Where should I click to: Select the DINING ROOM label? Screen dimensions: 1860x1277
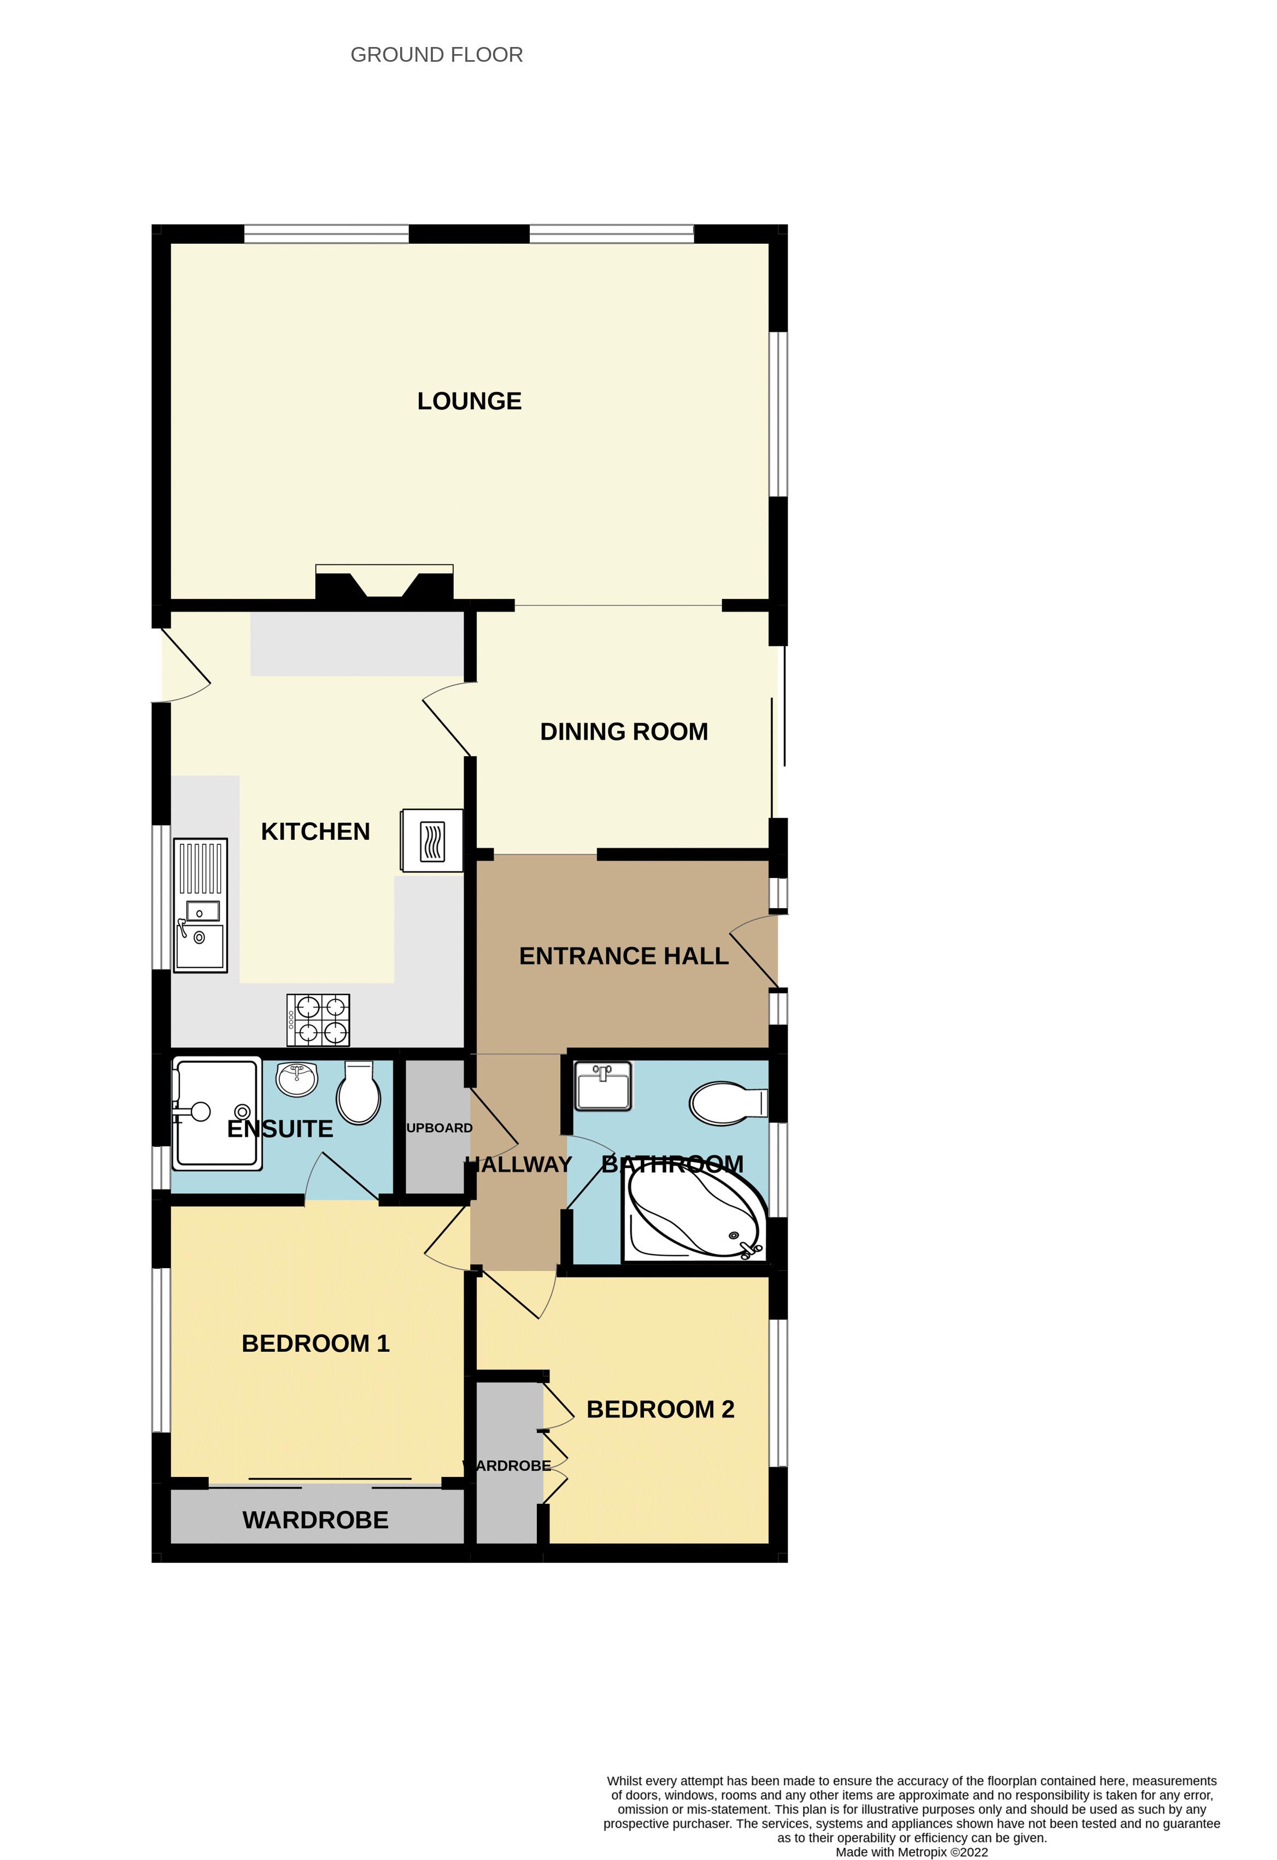(624, 732)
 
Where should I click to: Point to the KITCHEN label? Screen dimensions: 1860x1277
(315, 832)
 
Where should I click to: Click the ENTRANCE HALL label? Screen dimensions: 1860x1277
(624, 956)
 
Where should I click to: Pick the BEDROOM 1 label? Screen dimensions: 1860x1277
(315, 1343)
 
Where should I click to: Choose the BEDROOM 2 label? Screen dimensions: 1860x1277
(660, 1409)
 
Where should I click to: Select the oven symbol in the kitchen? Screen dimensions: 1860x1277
(432, 840)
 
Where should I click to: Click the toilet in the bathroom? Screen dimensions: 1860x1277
(727, 1104)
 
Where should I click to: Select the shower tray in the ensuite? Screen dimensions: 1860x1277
(216, 1113)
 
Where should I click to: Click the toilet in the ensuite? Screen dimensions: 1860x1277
(359, 1092)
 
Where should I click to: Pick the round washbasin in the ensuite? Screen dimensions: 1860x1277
(297, 1080)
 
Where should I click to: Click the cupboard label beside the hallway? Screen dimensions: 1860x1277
(439, 1128)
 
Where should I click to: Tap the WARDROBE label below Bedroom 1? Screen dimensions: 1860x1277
(315, 1520)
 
